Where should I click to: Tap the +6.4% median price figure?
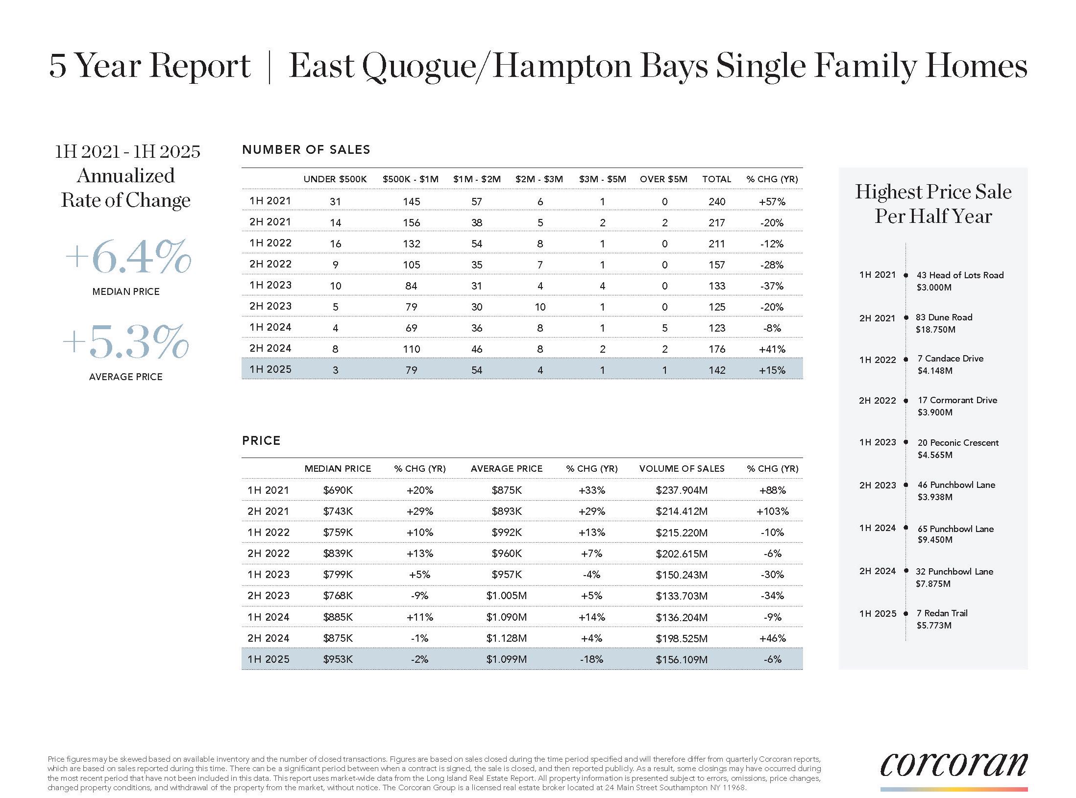coord(127,257)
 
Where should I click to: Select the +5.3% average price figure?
coord(126,342)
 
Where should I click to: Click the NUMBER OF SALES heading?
coord(306,149)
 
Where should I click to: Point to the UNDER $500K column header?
coord(335,179)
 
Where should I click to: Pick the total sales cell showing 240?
coord(717,201)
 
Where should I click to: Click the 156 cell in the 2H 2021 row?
coord(412,222)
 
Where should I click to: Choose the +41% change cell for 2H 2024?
coord(772,349)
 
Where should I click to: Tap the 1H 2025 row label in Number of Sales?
coord(270,369)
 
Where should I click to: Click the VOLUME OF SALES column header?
coord(682,469)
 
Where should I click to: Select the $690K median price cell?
coord(338,490)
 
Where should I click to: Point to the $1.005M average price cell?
coord(507,596)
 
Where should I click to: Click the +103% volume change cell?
coord(772,511)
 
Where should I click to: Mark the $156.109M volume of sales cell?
coord(682,659)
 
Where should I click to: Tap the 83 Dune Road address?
coord(944,317)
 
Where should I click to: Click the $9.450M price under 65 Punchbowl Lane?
coord(935,540)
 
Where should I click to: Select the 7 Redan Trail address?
coord(942,613)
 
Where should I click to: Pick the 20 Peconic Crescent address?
coord(958,443)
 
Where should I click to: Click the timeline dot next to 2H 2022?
coord(906,401)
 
